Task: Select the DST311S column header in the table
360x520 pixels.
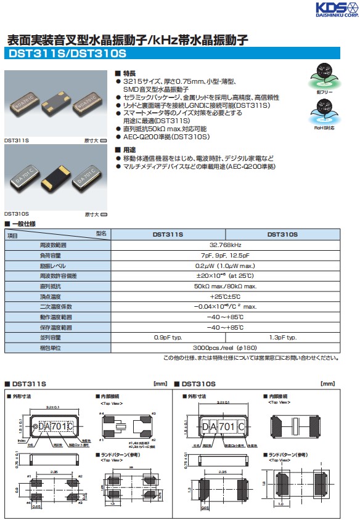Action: pos(168,235)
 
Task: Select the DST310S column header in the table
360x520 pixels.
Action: pos(282,235)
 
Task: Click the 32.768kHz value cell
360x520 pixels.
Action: pos(225,245)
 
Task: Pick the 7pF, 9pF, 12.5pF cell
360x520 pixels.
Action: pos(225,254)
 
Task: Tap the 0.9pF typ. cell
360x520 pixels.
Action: pos(168,338)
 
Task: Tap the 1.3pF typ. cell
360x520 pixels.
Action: pos(282,338)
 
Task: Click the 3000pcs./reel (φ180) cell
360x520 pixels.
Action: pos(225,347)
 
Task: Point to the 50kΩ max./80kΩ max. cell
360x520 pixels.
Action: pos(225,286)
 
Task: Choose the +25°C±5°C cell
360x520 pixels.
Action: pos(225,296)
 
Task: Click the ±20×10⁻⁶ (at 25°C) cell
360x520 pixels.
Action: pos(225,275)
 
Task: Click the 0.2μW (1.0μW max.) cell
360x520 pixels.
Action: pos(225,265)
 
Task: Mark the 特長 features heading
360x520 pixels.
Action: pos(128,73)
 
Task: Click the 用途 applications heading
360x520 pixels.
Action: pos(128,150)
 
